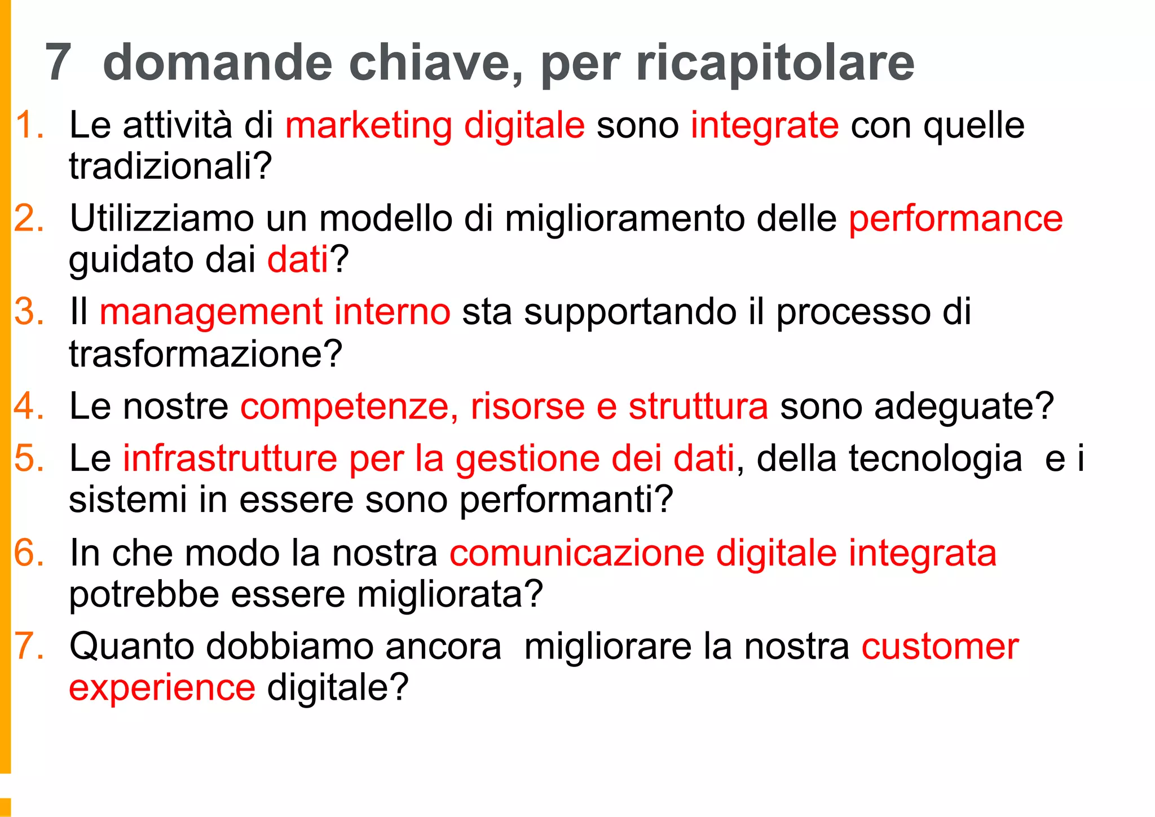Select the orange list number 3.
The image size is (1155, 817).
29,312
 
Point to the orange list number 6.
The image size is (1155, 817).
29,553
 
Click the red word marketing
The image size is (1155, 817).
368,125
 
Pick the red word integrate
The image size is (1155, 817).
765,125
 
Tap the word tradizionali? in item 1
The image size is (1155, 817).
170,166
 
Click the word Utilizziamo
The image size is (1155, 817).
162,219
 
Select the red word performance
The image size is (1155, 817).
956,219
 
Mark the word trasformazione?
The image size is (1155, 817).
205,354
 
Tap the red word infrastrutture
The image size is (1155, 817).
230,458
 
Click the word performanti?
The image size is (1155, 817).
566,500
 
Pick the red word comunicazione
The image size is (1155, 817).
577,553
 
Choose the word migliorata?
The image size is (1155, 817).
449,594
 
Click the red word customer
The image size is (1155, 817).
940,646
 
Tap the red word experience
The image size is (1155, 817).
162,688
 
